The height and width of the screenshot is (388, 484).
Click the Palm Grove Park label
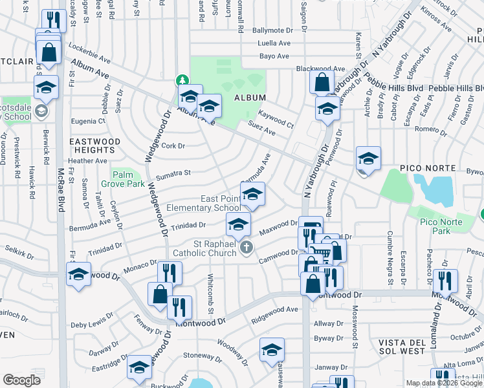click(127, 179)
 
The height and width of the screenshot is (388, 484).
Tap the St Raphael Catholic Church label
click(204, 248)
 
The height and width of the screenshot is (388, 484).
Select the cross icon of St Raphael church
click(246, 248)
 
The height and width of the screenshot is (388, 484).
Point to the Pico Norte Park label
click(435, 226)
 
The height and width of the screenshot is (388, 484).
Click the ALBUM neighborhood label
click(250, 97)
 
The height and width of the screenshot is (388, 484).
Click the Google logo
click(21, 380)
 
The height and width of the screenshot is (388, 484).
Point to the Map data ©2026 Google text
click(444, 383)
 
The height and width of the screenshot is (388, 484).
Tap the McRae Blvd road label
click(61, 191)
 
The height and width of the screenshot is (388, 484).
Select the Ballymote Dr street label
click(272, 30)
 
